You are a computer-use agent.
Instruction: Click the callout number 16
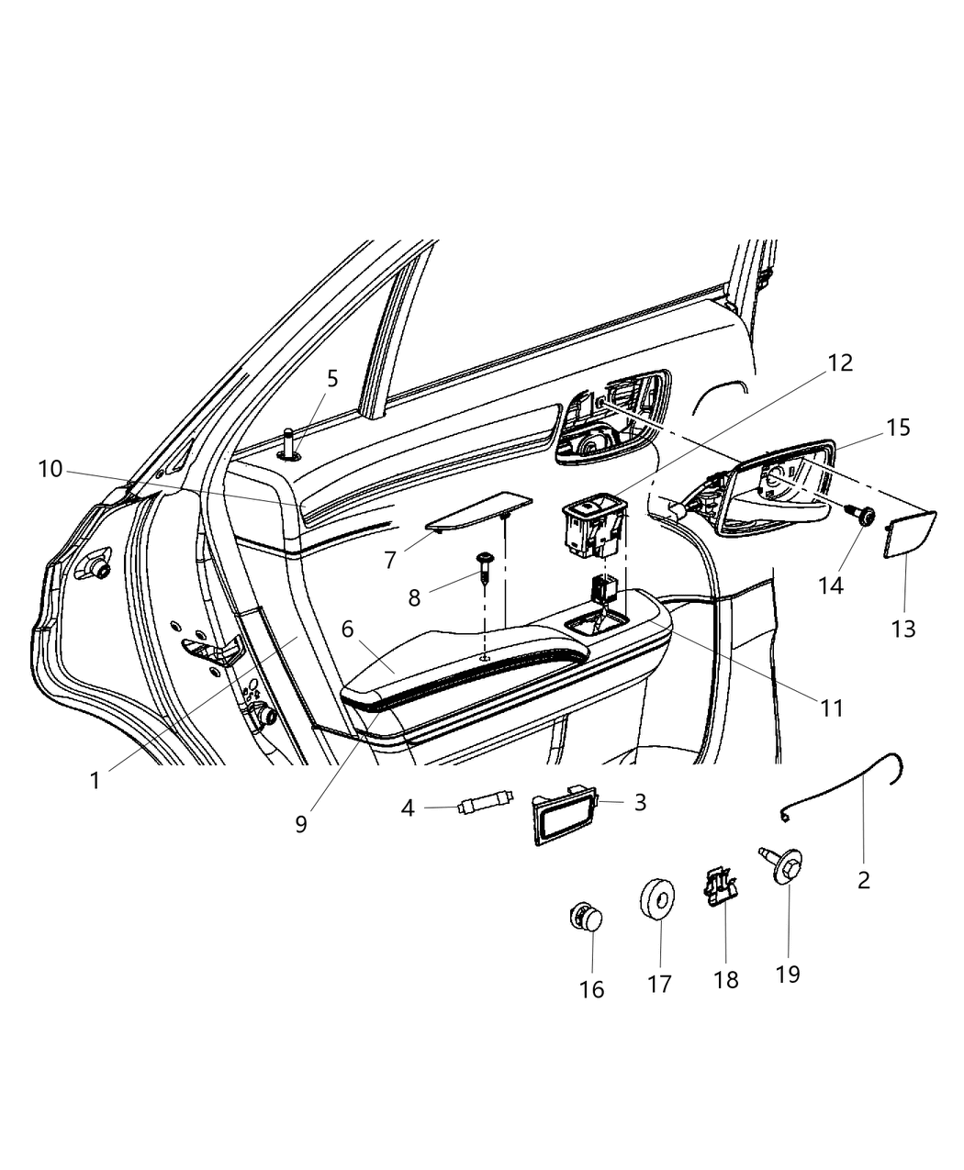coord(592,988)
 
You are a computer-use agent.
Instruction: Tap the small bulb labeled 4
coord(484,807)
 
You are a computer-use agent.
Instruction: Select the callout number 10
coord(50,469)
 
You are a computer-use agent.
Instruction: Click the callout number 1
coord(95,780)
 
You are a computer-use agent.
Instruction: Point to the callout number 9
coord(301,822)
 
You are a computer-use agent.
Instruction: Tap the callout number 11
coord(831,708)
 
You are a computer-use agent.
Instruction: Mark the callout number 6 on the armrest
coord(347,629)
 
